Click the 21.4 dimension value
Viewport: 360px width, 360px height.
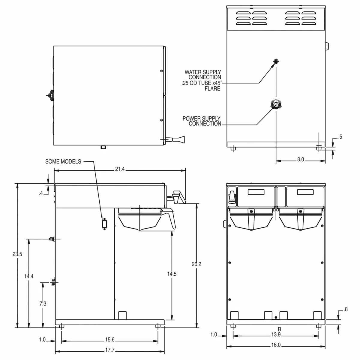pyautogui.click(x=119, y=169)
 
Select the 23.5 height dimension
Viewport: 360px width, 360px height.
pyautogui.click(x=17, y=254)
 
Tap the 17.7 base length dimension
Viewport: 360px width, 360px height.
pyautogui.click(x=110, y=350)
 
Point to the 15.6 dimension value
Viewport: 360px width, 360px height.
pyautogui.click(x=110, y=340)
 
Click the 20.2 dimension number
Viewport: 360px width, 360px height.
pyautogui.click(x=196, y=264)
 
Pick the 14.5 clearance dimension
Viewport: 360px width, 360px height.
pyautogui.click(x=172, y=274)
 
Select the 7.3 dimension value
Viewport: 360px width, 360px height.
pyautogui.click(x=43, y=304)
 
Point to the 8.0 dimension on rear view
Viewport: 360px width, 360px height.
pyautogui.click(x=300, y=160)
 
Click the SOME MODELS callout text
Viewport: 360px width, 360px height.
pyautogui.click(x=63, y=161)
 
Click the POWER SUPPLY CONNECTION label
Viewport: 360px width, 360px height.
pyautogui.click(x=202, y=121)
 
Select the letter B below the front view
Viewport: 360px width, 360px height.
pyautogui.click(x=280, y=329)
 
